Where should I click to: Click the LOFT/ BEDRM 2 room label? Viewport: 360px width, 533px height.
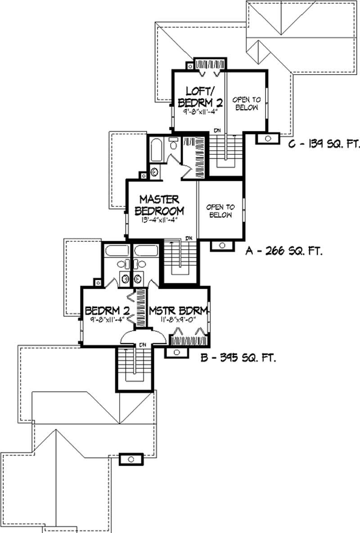click(x=200, y=97)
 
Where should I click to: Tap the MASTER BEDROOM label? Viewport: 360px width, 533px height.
click(x=159, y=205)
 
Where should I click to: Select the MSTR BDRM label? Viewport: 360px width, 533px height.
click(x=178, y=311)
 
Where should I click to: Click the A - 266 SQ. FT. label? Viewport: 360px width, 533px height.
click(x=283, y=251)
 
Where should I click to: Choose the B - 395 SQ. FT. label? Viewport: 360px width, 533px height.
click(x=238, y=358)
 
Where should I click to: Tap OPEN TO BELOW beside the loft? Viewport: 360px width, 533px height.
click(x=247, y=103)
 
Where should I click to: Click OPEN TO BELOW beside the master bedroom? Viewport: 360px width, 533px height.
click(x=220, y=211)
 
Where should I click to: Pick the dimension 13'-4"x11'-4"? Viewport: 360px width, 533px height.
click(x=160, y=219)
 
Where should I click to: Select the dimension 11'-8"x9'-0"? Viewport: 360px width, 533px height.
click(x=178, y=319)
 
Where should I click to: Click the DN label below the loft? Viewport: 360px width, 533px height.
click(x=217, y=130)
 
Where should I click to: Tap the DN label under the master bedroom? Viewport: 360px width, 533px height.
click(x=189, y=238)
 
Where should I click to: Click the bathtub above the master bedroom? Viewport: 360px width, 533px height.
click(x=156, y=150)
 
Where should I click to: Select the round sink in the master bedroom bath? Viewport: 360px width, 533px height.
click(x=155, y=172)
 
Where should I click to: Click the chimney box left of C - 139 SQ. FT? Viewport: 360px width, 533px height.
click(x=268, y=139)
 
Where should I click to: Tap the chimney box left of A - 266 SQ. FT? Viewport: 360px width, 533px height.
click(x=222, y=246)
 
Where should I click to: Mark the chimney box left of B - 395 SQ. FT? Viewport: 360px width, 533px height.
click(x=176, y=352)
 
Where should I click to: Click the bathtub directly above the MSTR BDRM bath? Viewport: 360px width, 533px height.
click(x=146, y=251)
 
